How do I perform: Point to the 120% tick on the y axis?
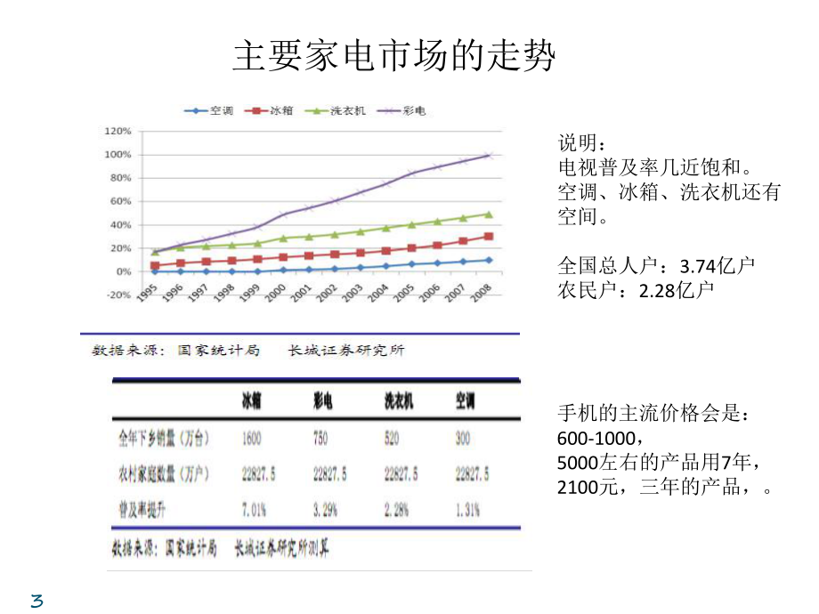[118, 131]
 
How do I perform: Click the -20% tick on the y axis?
[118, 295]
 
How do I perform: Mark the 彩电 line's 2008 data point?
[488, 156]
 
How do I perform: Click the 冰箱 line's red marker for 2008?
[488, 237]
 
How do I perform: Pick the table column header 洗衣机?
[398, 402]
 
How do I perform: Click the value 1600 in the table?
[252, 439]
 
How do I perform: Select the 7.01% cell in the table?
[255, 510]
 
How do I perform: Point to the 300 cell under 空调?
[463, 439]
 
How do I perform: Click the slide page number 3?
[36, 601]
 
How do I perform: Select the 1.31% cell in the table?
[468, 510]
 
